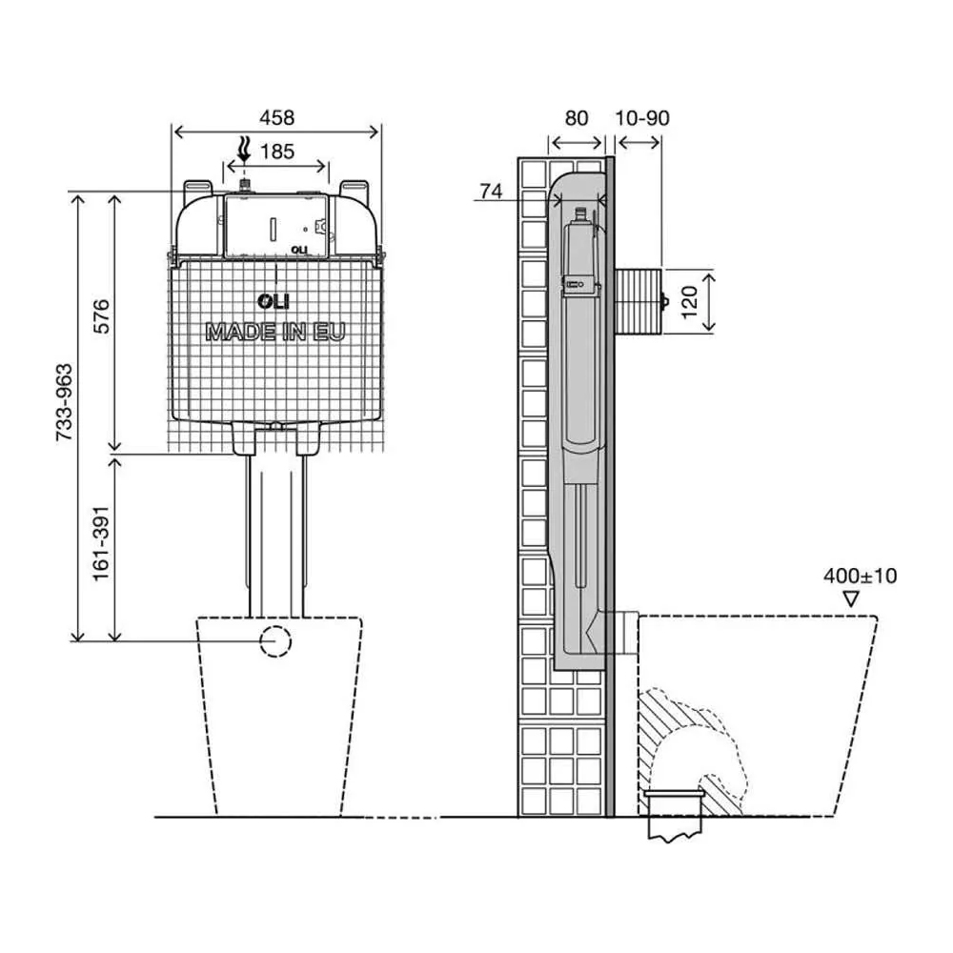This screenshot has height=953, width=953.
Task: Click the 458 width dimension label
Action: tap(276, 118)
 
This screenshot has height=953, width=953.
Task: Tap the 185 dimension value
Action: tap(277, 151)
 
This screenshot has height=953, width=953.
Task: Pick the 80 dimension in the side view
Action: tap(577, 118)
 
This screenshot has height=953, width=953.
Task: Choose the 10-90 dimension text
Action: tap(642, 118)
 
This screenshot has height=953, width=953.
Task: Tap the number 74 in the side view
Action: tap(491, 192)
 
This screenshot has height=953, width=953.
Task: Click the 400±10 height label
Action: tap(860, 576)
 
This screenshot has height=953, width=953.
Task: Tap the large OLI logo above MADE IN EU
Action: tap(274, 302)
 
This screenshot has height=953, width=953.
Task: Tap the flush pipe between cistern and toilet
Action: tap(276, 534)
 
